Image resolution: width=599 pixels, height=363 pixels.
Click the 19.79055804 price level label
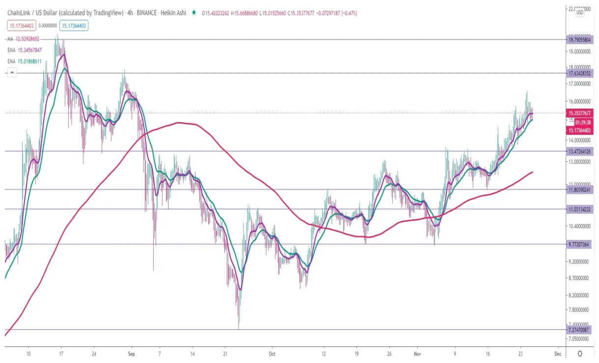click(x=580, y=39)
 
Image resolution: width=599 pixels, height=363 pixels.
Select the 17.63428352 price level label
click(x=580, y=73)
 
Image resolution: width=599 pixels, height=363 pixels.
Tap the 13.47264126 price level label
click(x=580, y=151)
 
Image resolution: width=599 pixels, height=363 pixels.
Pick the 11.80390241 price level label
click(x=580, y=189)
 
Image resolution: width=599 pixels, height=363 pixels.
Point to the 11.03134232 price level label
click(x=580, y=209)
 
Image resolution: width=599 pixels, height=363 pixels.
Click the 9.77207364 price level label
click(x=580, y=244)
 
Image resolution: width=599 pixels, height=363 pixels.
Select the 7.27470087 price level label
click(x=580, y=330)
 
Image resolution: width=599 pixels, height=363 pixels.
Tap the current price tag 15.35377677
click(x=580, y=113)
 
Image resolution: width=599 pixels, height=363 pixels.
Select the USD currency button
click(x=579, y=12)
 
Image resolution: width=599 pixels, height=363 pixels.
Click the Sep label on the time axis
click(x=131, y=353)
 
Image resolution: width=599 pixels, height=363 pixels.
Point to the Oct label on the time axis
click(x=272, y=353)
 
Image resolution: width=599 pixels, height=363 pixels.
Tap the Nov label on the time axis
click(x=418, y=353)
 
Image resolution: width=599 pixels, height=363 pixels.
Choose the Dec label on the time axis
click(x=558, y=353)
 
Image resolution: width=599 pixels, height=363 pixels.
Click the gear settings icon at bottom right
click(x=580, y=353)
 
